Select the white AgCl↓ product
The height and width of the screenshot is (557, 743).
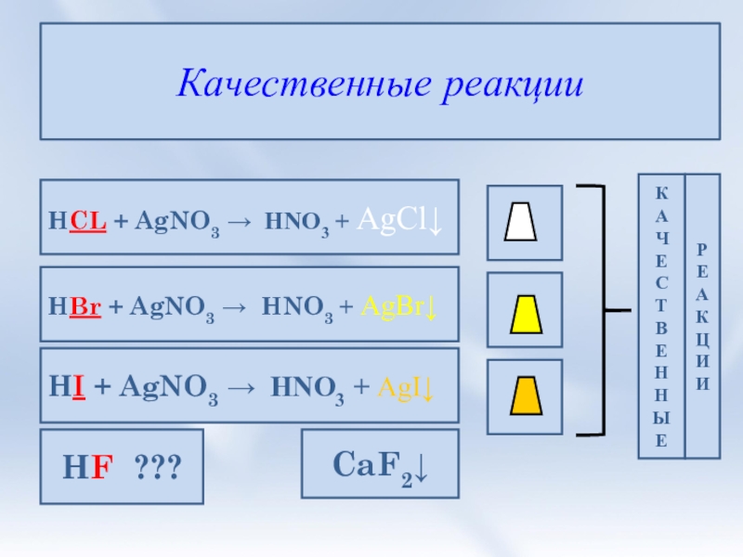point(399,221)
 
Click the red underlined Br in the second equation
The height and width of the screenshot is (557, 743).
point(86,307)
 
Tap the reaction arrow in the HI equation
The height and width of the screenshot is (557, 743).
point(246,391)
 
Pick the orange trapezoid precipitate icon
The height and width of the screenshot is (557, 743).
point(525,395)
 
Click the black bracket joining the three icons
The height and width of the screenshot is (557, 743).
point(604,309)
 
